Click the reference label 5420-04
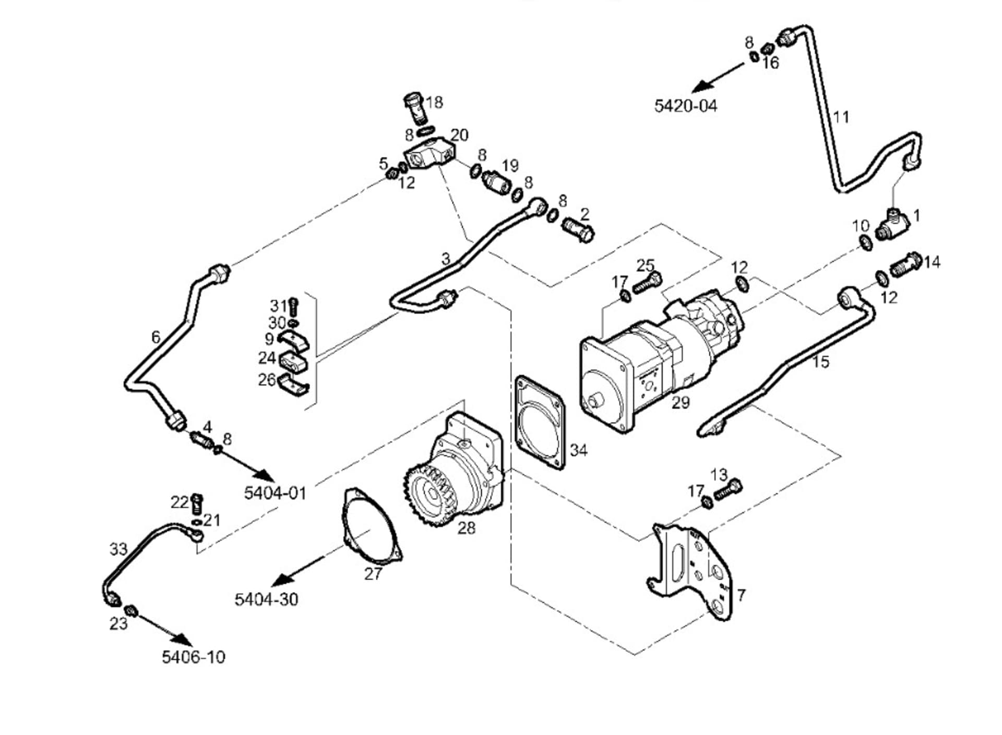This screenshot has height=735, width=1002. click(686, 106)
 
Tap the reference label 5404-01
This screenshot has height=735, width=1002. click(275, 493)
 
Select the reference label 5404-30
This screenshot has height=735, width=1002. click(266, 599)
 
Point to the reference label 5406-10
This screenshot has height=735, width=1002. click(194, 657)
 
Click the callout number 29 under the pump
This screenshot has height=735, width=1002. click(681, 402)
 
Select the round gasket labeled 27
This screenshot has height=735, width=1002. click(372, 526)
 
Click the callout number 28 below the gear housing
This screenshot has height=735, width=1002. click(466, 528)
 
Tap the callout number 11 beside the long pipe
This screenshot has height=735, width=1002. click(841, 117)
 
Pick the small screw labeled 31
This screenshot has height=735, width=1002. click(293, 306)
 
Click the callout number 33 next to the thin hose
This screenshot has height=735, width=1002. click(118, 549)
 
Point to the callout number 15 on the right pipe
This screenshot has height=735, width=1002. click(820, 362)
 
